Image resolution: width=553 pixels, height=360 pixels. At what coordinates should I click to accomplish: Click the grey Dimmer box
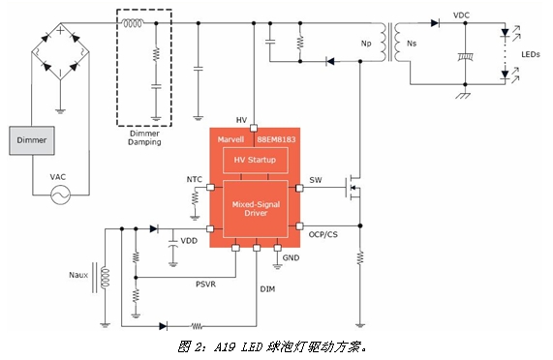[32, 140]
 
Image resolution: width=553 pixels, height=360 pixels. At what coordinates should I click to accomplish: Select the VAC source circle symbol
[60, 195]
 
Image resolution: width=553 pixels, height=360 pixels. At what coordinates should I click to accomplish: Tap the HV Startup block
[256, 161]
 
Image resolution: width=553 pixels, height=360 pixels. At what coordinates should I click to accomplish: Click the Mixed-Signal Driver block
[256, 209]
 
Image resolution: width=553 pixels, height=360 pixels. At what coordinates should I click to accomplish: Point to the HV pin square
[253, 128]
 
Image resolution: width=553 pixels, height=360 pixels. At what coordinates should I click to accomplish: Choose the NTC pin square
[210, 187]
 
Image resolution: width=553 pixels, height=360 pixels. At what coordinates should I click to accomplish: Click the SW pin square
[299, 188]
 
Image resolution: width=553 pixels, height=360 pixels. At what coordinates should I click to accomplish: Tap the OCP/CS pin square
[299, 225]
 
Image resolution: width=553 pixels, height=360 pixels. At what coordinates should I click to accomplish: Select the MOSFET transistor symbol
[353, 187]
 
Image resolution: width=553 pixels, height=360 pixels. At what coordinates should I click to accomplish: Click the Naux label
[78, 275]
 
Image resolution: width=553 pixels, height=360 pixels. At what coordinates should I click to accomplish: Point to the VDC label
[461, 15]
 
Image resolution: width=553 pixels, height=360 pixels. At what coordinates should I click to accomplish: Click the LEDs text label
[531, 54]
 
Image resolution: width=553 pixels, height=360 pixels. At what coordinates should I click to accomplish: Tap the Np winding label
[366, 44]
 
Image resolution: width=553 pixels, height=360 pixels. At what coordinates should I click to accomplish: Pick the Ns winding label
[412, 44]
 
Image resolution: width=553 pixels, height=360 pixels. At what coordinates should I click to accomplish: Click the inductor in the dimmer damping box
[133, 23]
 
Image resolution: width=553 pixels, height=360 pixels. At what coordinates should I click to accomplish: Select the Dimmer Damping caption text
[144, 137]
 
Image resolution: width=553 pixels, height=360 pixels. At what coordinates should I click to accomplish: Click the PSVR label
[205, 284]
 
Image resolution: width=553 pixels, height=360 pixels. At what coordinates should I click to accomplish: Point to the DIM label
[267, 289]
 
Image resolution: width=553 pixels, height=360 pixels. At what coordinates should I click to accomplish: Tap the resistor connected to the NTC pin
[195, 198]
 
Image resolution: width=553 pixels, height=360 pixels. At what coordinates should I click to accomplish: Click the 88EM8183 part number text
[276, 139]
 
